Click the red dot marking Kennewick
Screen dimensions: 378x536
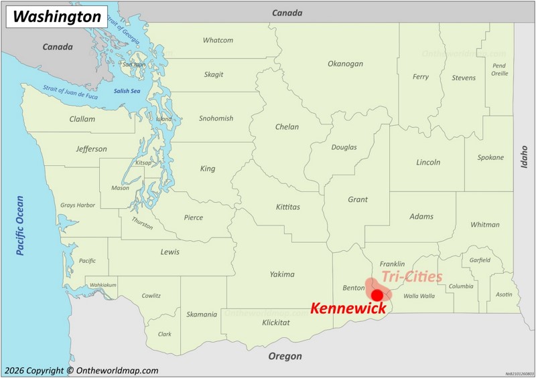pos(377,295)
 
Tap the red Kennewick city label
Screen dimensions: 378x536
pos(348,308)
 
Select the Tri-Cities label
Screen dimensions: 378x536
pos(411,276)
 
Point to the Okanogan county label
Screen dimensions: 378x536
pos(345,64)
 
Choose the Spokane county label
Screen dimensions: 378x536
pos(490,157)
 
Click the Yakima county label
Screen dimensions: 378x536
pos(282,274)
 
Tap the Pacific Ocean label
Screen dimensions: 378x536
pos(20,225)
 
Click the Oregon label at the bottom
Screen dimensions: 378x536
pos(285,357)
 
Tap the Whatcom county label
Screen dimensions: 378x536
pos(218,40)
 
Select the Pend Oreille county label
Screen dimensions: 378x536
pos(499,69)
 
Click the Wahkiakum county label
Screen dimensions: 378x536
pos(103,285)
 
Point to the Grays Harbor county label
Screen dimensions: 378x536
pos(78,205)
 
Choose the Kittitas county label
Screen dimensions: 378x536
pos(288,207)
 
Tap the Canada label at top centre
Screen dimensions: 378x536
pos(287,13)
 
